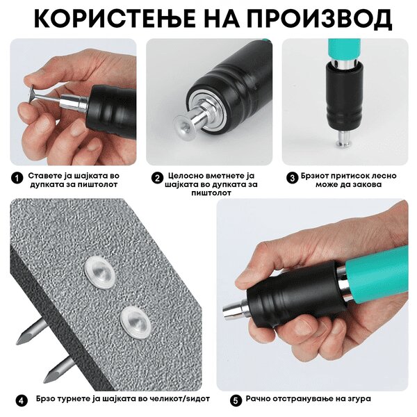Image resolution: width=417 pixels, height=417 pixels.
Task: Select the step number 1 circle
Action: pos(17,178)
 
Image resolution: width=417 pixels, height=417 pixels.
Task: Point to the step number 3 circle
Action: pos(293,178)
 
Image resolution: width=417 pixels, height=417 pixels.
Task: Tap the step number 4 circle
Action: pos(22,401)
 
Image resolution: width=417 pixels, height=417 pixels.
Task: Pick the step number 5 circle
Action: pos(236,401)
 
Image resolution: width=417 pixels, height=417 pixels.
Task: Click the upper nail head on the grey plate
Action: pos(99,272)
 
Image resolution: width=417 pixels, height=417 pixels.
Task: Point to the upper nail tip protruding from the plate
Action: pos(17,343)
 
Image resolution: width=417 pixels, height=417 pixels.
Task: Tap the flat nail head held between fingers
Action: pos(32,95)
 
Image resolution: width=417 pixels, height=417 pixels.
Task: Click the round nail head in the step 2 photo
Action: pos(184,126)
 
